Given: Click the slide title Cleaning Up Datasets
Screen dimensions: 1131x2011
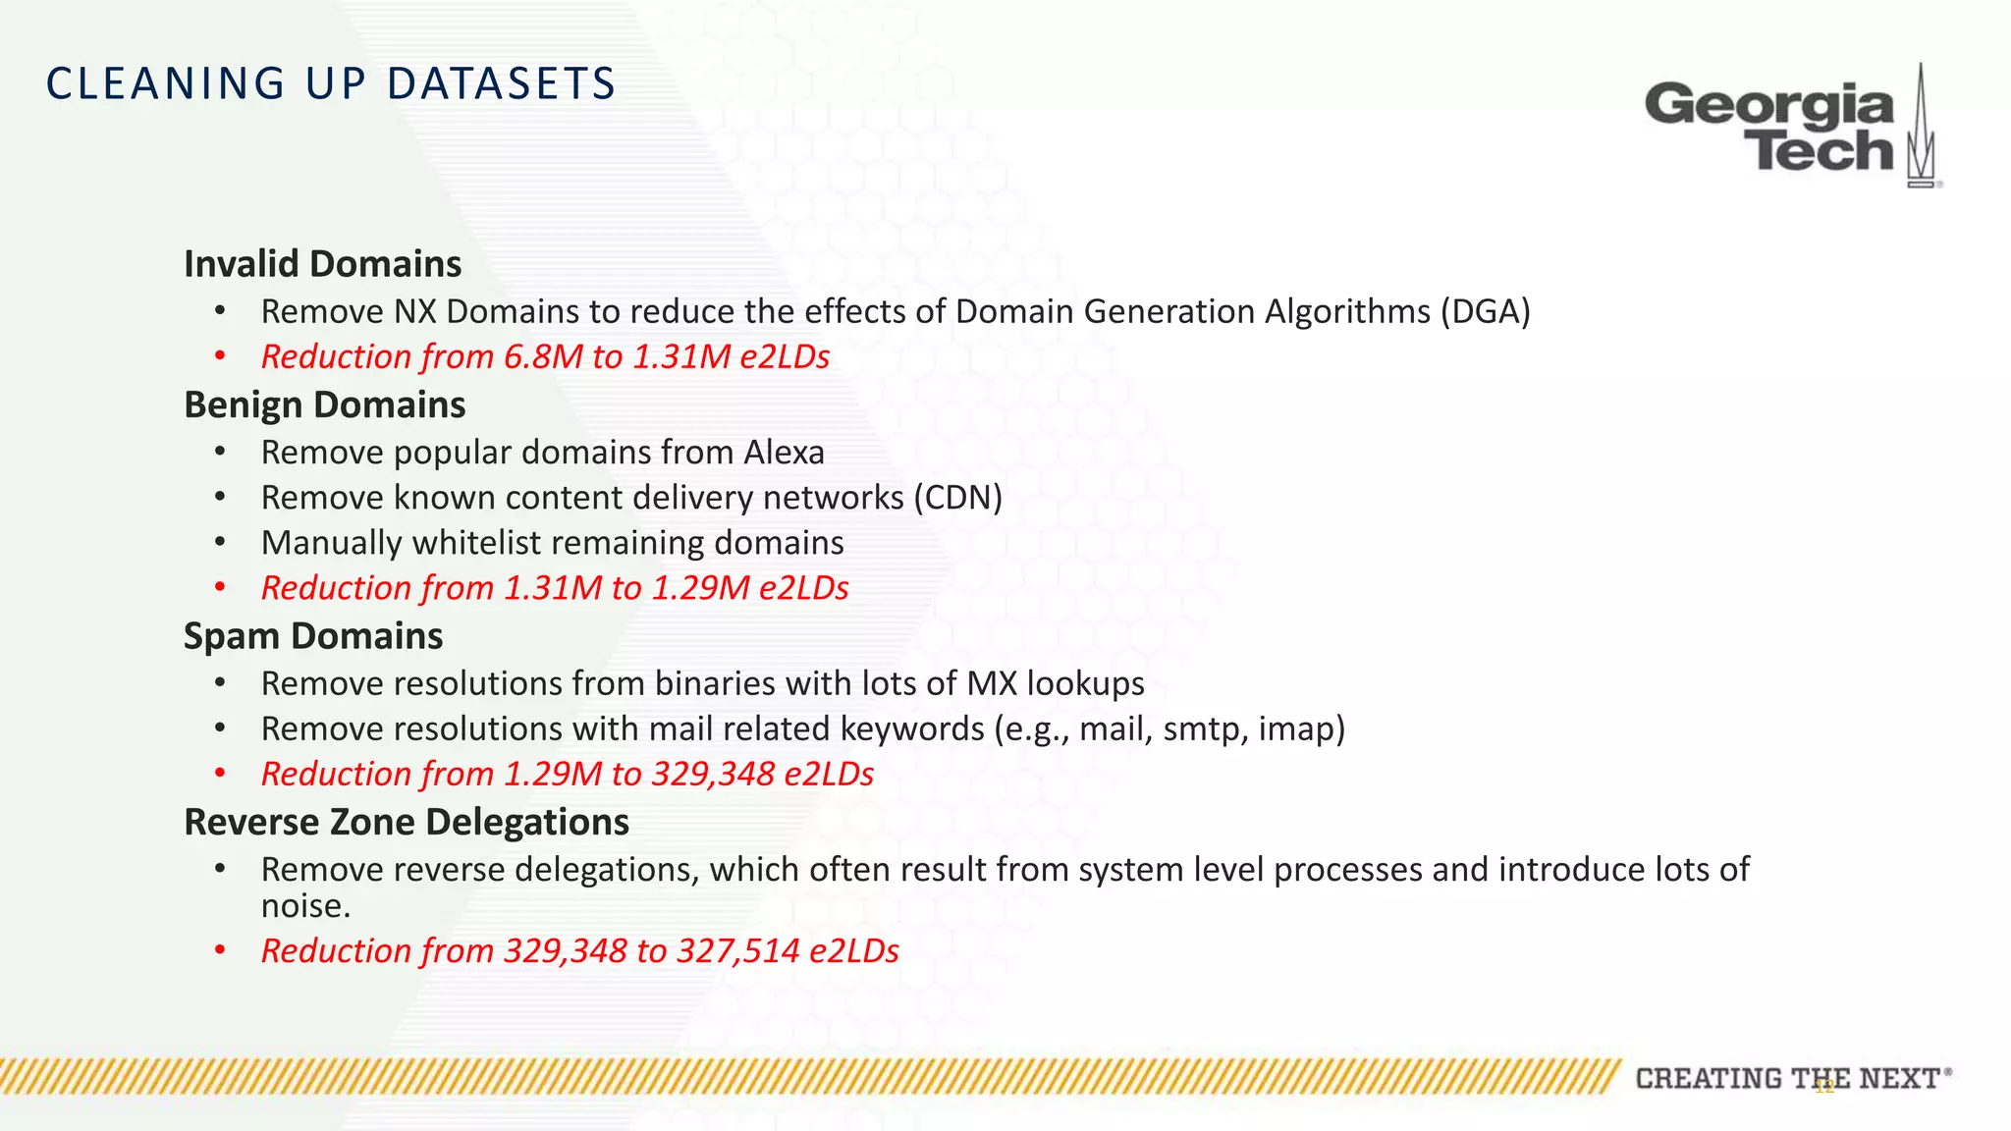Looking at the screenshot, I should pyautogui.click(x=331, y=83).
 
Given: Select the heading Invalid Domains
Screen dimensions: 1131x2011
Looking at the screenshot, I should pyautogui.click(x=322, y=264).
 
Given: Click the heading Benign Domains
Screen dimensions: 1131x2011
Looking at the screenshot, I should pyautogui.click(x=324, y=405).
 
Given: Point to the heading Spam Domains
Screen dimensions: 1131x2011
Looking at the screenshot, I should pyautogui.click(x=313, y=636).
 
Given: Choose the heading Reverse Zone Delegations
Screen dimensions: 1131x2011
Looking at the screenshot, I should pyautogui.click(x=407, y=823).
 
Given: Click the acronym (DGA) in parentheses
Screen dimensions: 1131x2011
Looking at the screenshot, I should pyautogui.click(x=1485, y=311).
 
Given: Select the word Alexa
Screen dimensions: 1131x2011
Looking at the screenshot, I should pyautogui.click(x=784, y=453).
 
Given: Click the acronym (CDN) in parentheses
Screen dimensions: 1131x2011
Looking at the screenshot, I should pyautogui.click(x=957, y=498).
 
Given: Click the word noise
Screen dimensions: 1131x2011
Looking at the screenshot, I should pyautogui.click(x=304, y=906).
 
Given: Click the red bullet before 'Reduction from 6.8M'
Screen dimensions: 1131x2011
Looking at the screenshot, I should pyautogui.click(x=221, y=356).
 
